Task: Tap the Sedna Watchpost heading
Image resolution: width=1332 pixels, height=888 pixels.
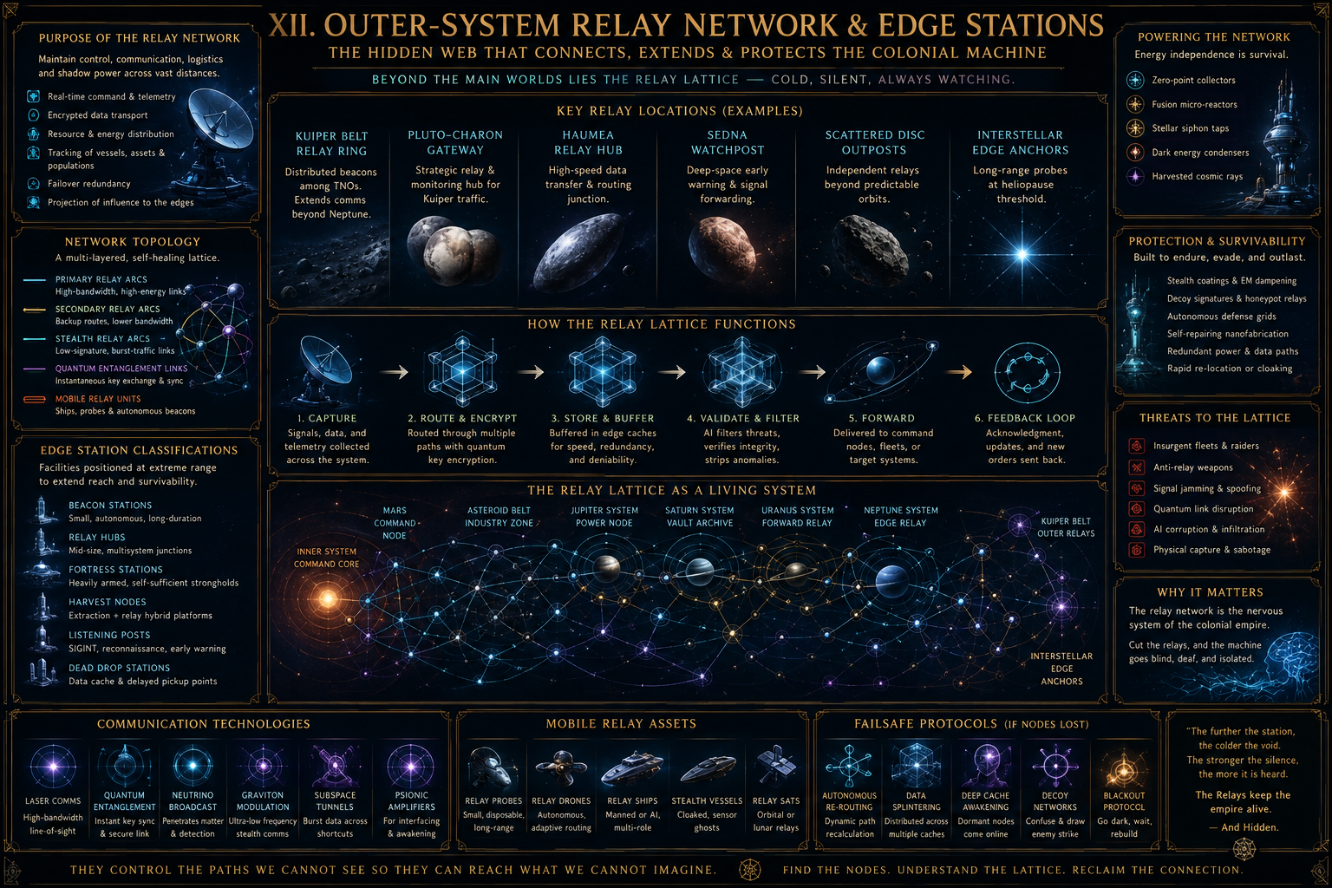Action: (728, 143)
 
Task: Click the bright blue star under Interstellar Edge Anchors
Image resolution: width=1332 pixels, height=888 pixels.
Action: (1022, 255)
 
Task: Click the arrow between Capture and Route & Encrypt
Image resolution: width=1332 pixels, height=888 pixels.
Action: (395, 372)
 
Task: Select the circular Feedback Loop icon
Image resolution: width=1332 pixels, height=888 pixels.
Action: (1027, 372)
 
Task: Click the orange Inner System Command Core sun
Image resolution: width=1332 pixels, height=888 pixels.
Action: (328, 598)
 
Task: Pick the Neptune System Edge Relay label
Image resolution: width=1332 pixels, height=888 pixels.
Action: (900, 516)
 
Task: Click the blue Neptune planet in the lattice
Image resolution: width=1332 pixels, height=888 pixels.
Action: (891, 580)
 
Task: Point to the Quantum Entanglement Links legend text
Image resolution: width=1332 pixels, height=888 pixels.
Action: (121, 369)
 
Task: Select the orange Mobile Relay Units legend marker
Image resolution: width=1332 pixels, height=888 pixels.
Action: (35, 399)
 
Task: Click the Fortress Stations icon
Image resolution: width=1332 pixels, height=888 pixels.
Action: (42, 571)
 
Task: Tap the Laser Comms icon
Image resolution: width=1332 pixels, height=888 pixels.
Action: (53, 767)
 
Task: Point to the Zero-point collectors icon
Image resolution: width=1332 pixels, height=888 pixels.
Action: (1135, 80)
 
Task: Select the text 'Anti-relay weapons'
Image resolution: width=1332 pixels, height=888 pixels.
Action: (1193, 467)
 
